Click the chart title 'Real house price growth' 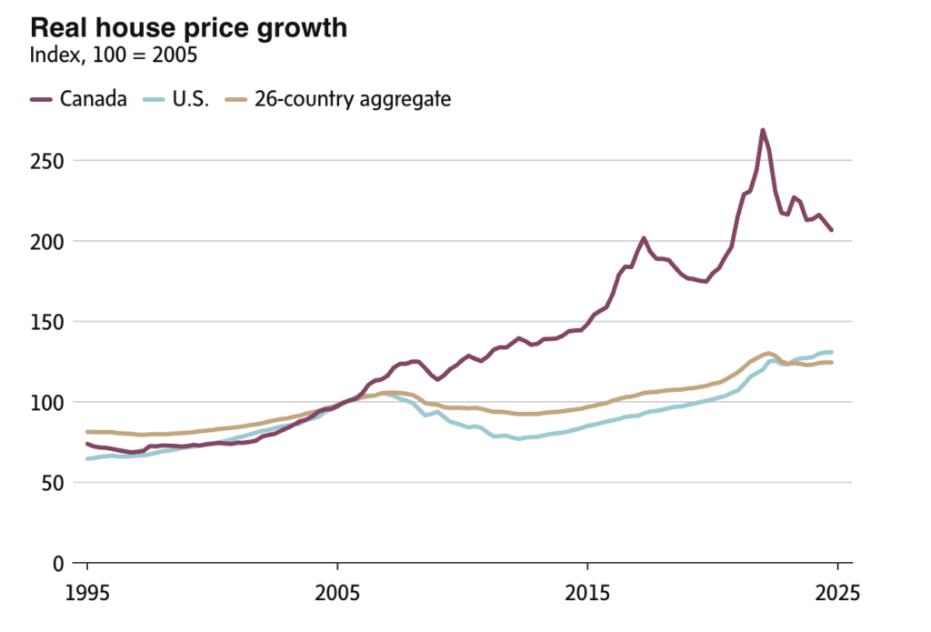189,27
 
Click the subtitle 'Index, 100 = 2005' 114,56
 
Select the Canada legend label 94,99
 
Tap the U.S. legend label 191,99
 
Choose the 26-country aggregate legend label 353,99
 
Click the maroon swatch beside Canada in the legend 42,99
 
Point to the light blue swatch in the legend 154,99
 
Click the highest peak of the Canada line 762,130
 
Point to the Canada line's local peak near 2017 644,238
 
